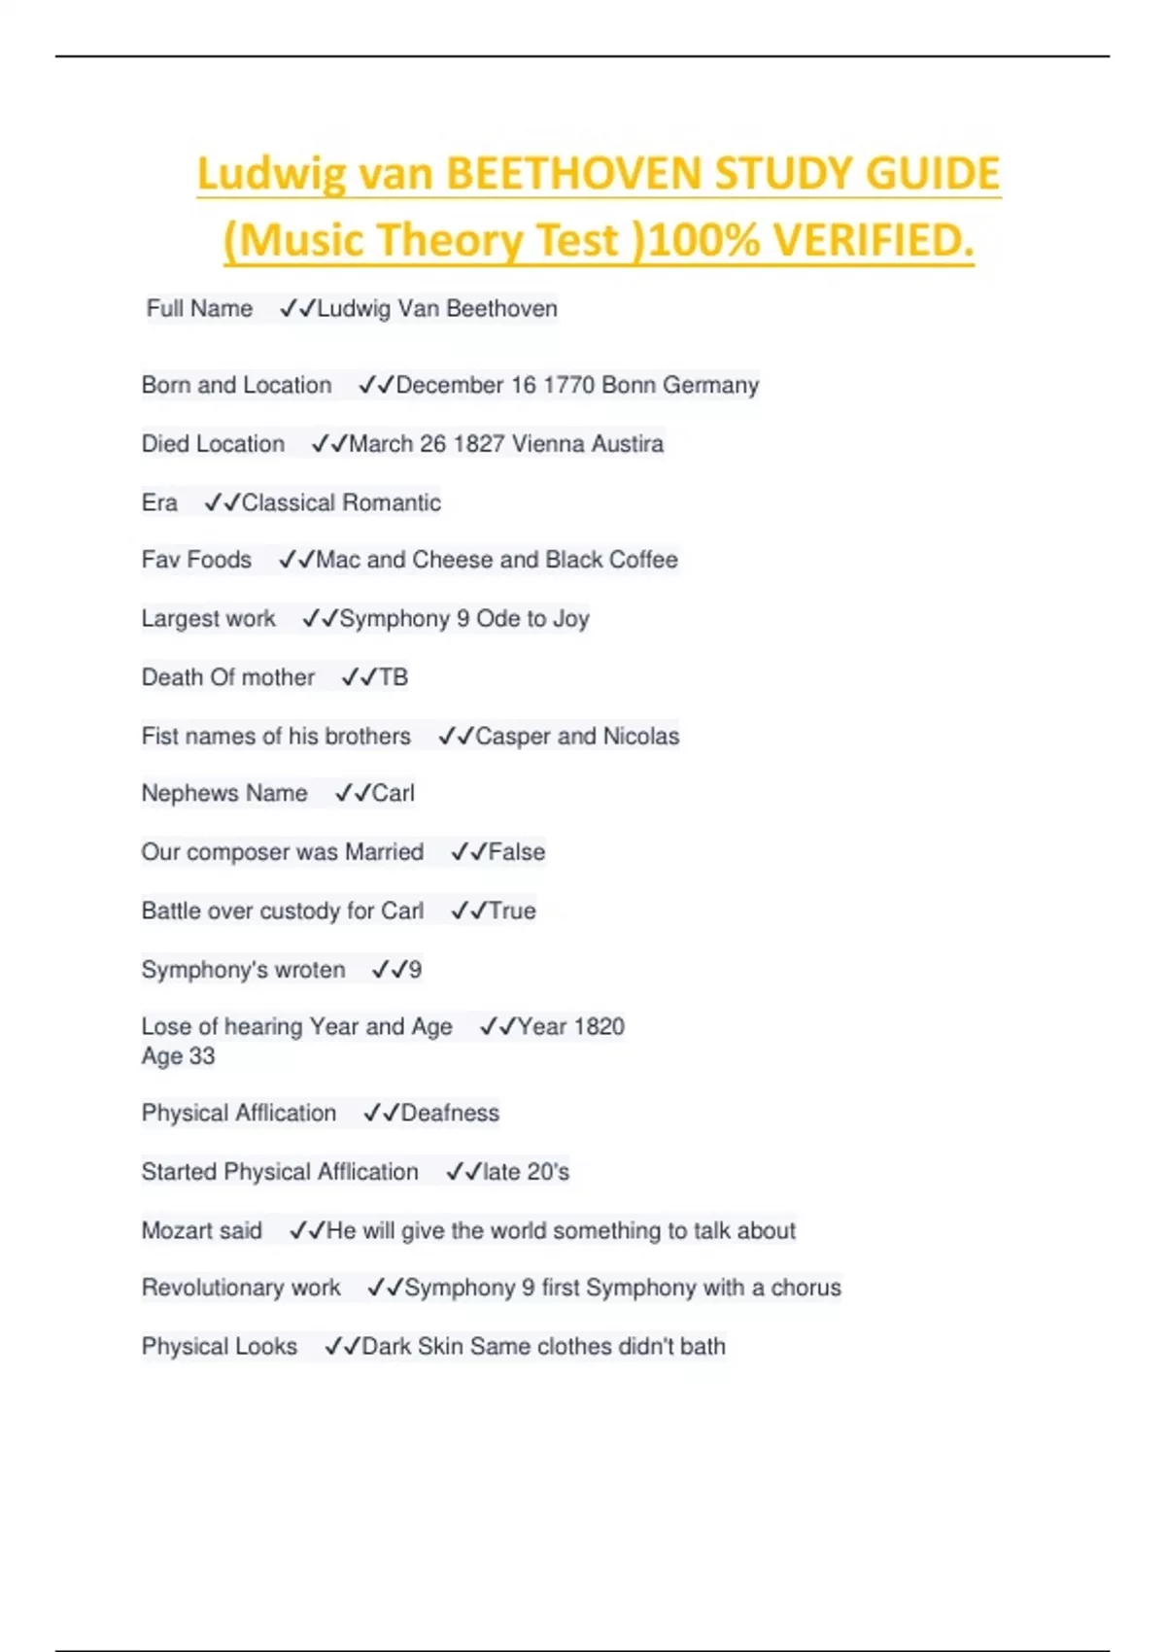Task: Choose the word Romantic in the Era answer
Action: click(x=391, y=502)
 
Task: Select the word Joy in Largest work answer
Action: click(x=571, y=619)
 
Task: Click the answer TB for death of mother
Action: click(x=393, y=677)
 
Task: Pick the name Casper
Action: click(x=512, y=737)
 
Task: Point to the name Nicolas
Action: click(x=641, y=737)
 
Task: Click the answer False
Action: click(x=516, y=852)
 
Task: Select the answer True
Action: click(x=512, y=911)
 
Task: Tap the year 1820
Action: click(x=599, y=1026)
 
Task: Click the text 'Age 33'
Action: click(x=178, y=1056)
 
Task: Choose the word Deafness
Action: click(x=450, y=1113)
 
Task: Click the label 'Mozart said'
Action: click(x=202, y=1230)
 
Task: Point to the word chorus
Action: click(x=806, y=1288)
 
